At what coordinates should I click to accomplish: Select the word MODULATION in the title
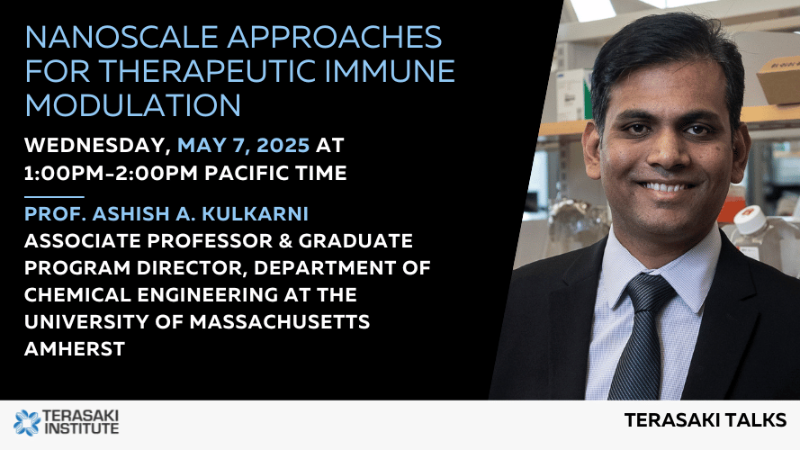132,105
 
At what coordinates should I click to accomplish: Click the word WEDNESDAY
97,146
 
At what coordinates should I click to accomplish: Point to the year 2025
283,146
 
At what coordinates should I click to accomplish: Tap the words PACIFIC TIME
275,174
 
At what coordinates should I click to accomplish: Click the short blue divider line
54,196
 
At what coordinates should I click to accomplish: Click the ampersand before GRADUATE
286,241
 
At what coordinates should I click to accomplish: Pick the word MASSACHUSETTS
280,322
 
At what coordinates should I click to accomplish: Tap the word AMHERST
75,349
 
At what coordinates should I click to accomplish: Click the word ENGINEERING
208,295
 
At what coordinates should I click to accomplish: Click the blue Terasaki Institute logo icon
27,423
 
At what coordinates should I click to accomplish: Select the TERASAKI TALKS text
706,420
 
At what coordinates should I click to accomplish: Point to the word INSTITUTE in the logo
82,428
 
